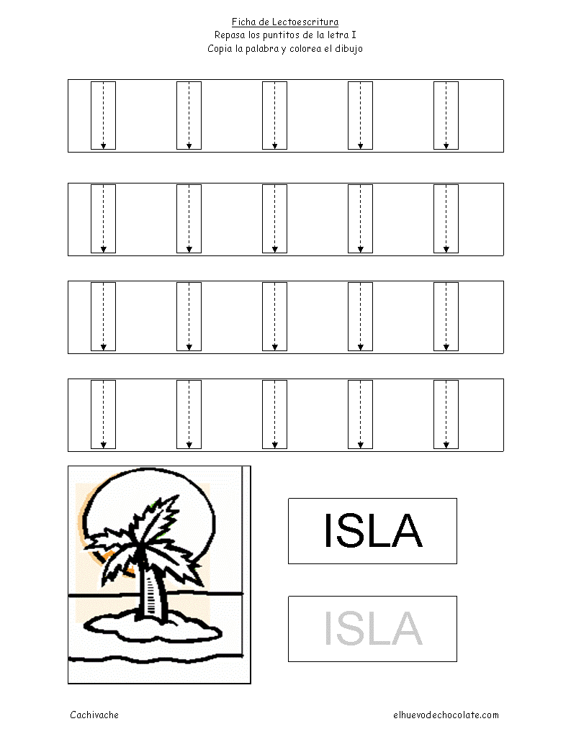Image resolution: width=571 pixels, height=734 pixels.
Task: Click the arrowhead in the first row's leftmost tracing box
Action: click(x=103, y=146)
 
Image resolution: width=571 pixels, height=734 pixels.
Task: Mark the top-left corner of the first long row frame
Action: click(x=68, y=80)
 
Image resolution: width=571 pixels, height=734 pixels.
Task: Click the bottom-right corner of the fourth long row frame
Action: click(x=503, y=451)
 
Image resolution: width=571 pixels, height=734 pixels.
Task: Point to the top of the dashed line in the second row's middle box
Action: click(x=274, y=186)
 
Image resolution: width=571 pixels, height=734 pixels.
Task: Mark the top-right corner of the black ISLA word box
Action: click(x=457, y=499)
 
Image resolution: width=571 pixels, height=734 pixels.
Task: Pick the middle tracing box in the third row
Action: click(x=274, y=317)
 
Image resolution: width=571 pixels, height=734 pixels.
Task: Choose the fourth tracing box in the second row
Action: click(x=360, y=219)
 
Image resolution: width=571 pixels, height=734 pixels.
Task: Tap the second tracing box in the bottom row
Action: click(x=189, y=414)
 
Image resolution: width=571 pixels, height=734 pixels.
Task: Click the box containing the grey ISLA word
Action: click(x=372, y=629)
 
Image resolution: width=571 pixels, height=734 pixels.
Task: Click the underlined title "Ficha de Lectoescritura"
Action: click(x=285, y=22)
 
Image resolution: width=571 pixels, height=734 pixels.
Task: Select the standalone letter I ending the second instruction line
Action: click(x=354, y=35)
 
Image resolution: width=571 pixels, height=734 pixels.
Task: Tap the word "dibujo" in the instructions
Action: click(x=349, y=49)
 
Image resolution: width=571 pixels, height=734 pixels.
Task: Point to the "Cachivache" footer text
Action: click(x=94, y=715)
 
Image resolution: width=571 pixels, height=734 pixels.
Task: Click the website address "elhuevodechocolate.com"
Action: click(x=446, y=715)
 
